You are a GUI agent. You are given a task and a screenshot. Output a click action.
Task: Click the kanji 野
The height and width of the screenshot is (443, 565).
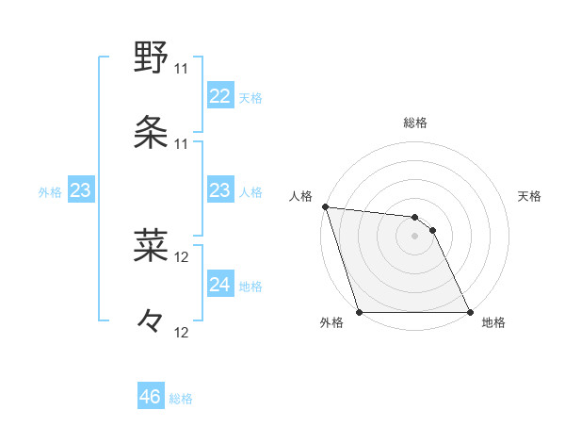151,58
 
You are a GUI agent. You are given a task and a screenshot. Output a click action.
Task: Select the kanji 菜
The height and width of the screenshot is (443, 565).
151,245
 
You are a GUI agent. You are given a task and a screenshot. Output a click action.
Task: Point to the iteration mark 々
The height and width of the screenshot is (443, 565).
151,321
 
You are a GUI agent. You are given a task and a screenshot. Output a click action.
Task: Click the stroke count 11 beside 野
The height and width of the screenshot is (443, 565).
182,69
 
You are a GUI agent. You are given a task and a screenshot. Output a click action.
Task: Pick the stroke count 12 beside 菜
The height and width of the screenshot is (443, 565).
183,256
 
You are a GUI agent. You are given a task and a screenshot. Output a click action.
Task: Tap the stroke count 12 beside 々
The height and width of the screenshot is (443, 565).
183,332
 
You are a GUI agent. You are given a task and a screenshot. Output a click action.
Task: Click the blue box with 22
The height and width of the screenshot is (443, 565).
219,96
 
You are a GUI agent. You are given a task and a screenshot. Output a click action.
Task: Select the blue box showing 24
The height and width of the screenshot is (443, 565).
219,285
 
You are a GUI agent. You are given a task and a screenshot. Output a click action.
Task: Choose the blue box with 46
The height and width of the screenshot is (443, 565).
151,397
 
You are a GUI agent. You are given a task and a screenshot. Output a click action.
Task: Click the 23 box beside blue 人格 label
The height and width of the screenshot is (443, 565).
219,190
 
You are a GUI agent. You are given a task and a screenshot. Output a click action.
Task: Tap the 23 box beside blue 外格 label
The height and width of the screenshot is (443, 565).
81,190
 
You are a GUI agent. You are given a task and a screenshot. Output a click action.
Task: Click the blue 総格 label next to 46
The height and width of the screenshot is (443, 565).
181,399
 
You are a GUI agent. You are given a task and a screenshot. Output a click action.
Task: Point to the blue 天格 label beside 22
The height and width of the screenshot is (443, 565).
250,98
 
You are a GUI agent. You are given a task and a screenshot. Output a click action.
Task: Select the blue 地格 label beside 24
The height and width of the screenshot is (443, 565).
250,287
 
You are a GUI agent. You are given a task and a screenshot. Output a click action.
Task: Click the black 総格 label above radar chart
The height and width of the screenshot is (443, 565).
415,123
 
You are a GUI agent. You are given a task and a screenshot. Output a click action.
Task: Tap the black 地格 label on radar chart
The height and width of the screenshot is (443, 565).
493,323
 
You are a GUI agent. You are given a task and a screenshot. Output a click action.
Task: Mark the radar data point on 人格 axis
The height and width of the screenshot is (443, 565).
325,206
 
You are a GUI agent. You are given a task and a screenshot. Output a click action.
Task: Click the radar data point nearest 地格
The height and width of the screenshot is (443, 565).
470,312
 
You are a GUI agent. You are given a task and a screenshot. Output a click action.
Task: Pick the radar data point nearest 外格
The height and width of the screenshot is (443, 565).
360,312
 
